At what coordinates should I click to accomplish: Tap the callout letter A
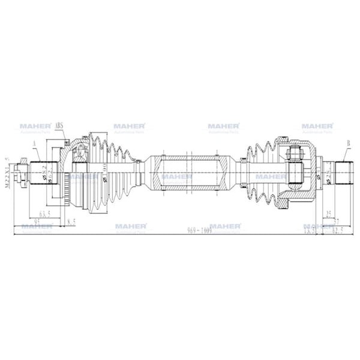pos(35,142)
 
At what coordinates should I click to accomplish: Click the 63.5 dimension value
pos(44,213)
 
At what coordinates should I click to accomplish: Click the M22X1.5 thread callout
pos(7,174)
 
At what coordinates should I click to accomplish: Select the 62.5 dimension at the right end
pos(338,229)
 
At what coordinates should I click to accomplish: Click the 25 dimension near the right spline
pos(328,213)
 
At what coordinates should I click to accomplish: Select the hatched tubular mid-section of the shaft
pos(188,174)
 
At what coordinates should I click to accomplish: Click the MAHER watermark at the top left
pos(35,127)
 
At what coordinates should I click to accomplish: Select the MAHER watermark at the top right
pos(317,127)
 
